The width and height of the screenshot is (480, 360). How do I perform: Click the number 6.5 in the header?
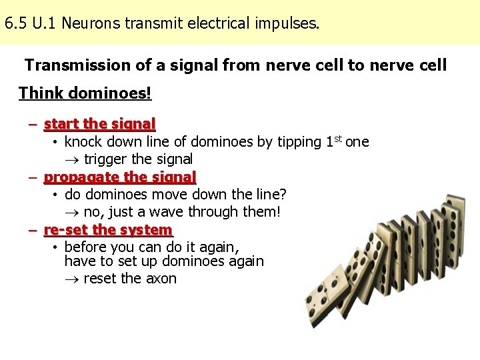pyautogui.click(x=15, y=25)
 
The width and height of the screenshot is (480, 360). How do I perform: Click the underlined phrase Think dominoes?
pyautogui.click(x=85, y=93)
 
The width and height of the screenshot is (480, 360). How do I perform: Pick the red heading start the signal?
pyautogui.click(x=99, y=124)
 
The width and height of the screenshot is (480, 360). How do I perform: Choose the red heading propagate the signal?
pyautogui.click(x=120, y=177)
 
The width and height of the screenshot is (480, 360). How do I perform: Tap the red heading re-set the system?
pyautogui.click(x=108, y=230)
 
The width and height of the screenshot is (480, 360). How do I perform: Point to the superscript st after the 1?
pyautogui.click(x=337, y=138)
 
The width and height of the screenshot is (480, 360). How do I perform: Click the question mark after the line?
pyautogui.click(x=283, y=195)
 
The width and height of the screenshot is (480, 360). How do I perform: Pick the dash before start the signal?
pyautogui.click(x=33, y=124)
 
